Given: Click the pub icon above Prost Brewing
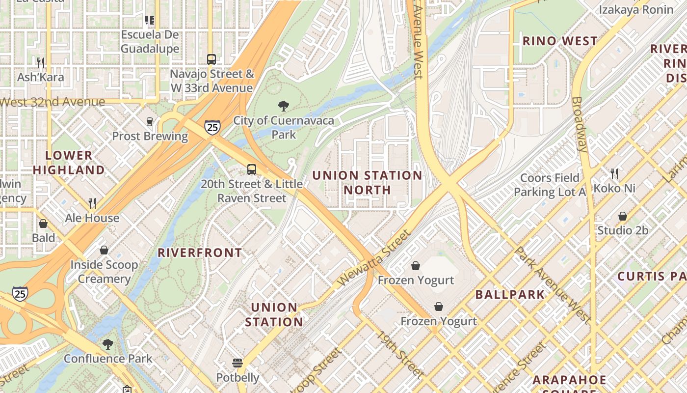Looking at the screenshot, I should pos(150,121).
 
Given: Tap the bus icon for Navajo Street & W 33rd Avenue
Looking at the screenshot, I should pos(211,59).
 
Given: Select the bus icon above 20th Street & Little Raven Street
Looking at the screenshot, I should pos(252,169).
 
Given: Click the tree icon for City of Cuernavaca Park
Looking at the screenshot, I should pos(283,106).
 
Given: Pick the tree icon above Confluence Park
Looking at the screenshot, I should pos(108,344).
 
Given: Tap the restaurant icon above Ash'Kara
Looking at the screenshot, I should pos(41,62).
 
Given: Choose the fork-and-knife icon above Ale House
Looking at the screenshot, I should pos(92,203).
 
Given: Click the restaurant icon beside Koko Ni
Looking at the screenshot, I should pos(614,173).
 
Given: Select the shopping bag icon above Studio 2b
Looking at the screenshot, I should pos(622,216).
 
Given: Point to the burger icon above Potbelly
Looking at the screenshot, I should pos(238,363).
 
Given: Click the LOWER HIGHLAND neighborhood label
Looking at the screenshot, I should pos(75,163).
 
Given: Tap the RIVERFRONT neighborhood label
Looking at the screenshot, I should pos(200,253).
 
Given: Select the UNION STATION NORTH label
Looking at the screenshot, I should pos(367,182).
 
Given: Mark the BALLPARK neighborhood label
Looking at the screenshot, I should pos(510,295).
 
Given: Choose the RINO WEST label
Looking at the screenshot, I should pos(560,41).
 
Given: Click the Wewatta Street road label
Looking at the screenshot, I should pos(374,257).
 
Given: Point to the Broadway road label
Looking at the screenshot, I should pos(580,124).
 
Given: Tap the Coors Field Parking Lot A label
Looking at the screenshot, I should pos(550,185).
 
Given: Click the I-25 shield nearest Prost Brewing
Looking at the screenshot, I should pos(212,128).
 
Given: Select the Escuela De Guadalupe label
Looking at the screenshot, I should pos(150,42).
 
